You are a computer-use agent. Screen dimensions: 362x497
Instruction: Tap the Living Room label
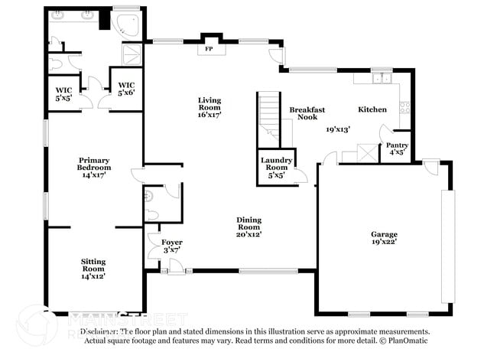click(x=209, y=104)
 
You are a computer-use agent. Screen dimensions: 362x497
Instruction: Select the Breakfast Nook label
click(x=307, y=114)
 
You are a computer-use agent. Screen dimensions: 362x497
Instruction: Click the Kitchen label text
click(x=372, y=109)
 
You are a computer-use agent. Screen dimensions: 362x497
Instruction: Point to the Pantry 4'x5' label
click(x=396, y=148)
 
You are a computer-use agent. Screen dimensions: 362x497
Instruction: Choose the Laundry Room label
click(x=276, y=166)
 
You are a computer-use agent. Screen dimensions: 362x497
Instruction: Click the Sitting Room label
click(x=93, y=268)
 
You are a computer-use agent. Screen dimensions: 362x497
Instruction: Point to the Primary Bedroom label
click(x=95, y=168)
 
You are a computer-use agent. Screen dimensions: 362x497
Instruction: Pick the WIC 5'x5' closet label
click(x=63, y=93)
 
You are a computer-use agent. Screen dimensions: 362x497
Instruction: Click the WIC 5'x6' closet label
click(x=126, y=89)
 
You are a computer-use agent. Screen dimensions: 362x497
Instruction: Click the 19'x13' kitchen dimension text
click(x=338, y=129)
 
